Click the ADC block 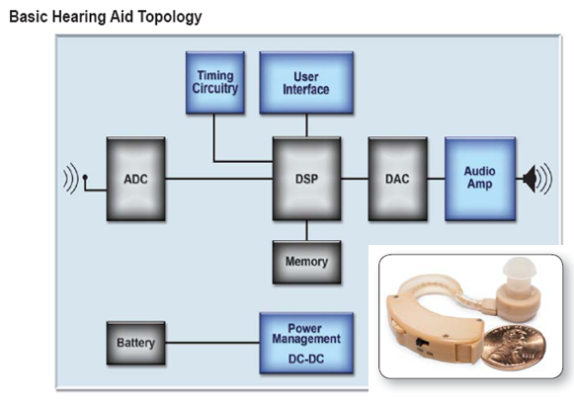click(x=135, y=179)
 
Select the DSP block click(x=307, y=179)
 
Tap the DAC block click(x=397, y=179)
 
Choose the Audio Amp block click(x=480, y=179)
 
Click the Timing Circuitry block click(x=215, y=83)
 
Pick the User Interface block click(x=306, y=83)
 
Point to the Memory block click(x=307, y=262)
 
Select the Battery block click(x=135, y=343)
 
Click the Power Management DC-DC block click(x=306, y=343)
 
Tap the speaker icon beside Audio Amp click(x=537, y=179)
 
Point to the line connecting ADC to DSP click(x=219, y=179)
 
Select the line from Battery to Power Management click(x=212, y=343)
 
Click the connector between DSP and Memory click(x=307, y=230)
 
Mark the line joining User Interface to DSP click(x=307, y=125)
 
